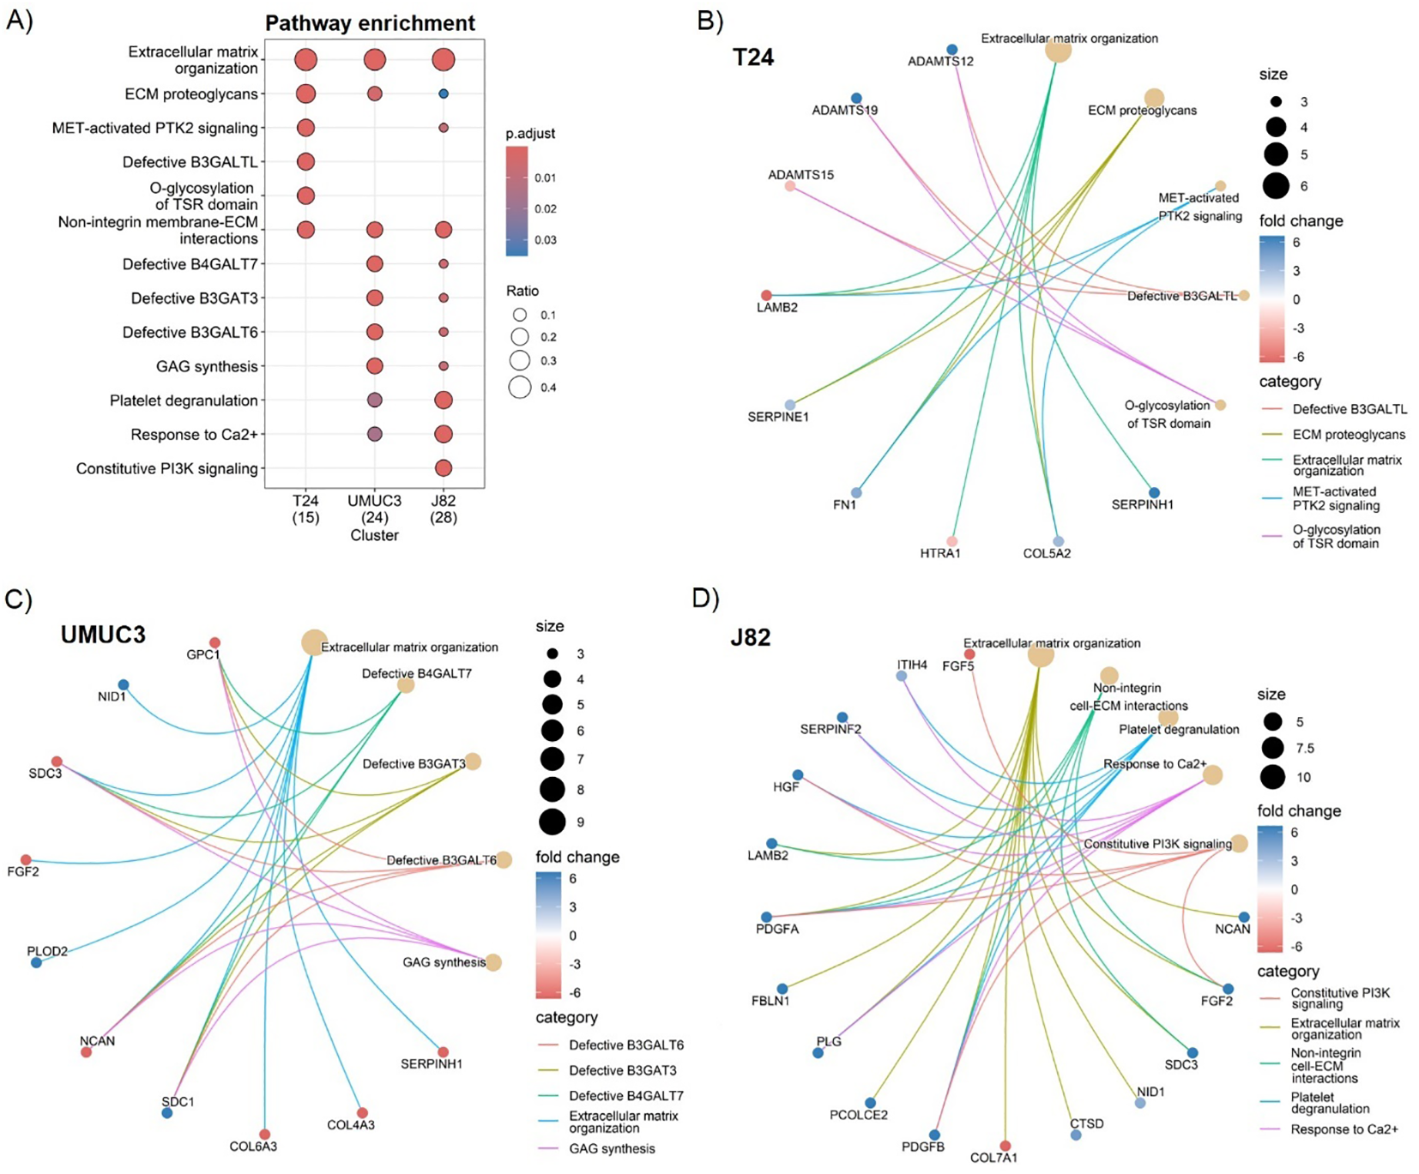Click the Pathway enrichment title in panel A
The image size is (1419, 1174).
[x=370, y=23]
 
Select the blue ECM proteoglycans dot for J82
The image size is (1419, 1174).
[x=443, y=93]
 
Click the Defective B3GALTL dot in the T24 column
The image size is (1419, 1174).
[x=305, y=161]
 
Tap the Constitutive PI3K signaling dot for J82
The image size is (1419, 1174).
[x=443, y=468]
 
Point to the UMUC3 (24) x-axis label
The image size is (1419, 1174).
[x=374, y=509]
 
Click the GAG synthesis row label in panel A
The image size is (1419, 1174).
[x=207, y=366]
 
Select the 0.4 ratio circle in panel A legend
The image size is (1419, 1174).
[x=519, y=388]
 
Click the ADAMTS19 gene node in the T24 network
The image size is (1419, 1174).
[x=856, y=99]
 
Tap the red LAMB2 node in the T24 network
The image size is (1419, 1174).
[x=766, y=296]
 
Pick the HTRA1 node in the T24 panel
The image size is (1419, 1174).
[x=951, y=541]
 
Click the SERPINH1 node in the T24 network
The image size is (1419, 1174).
[x=1154, y=493]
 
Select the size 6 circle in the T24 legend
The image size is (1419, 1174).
[x=1276, y=185]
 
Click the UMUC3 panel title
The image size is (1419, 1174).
[x=103, y=635]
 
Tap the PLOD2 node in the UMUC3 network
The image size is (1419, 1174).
[x=36, y=963]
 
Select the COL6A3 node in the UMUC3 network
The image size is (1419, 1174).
[x=264, y=1135]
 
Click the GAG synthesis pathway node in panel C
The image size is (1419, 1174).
[x=493, y=962]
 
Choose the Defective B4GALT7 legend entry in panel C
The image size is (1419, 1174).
[x=626, y=1096]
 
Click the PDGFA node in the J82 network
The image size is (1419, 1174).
[x=766, y=918]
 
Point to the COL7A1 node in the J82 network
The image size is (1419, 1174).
[x=1005, y=1146]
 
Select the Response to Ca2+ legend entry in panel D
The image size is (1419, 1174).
[x=1344, y=1129]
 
